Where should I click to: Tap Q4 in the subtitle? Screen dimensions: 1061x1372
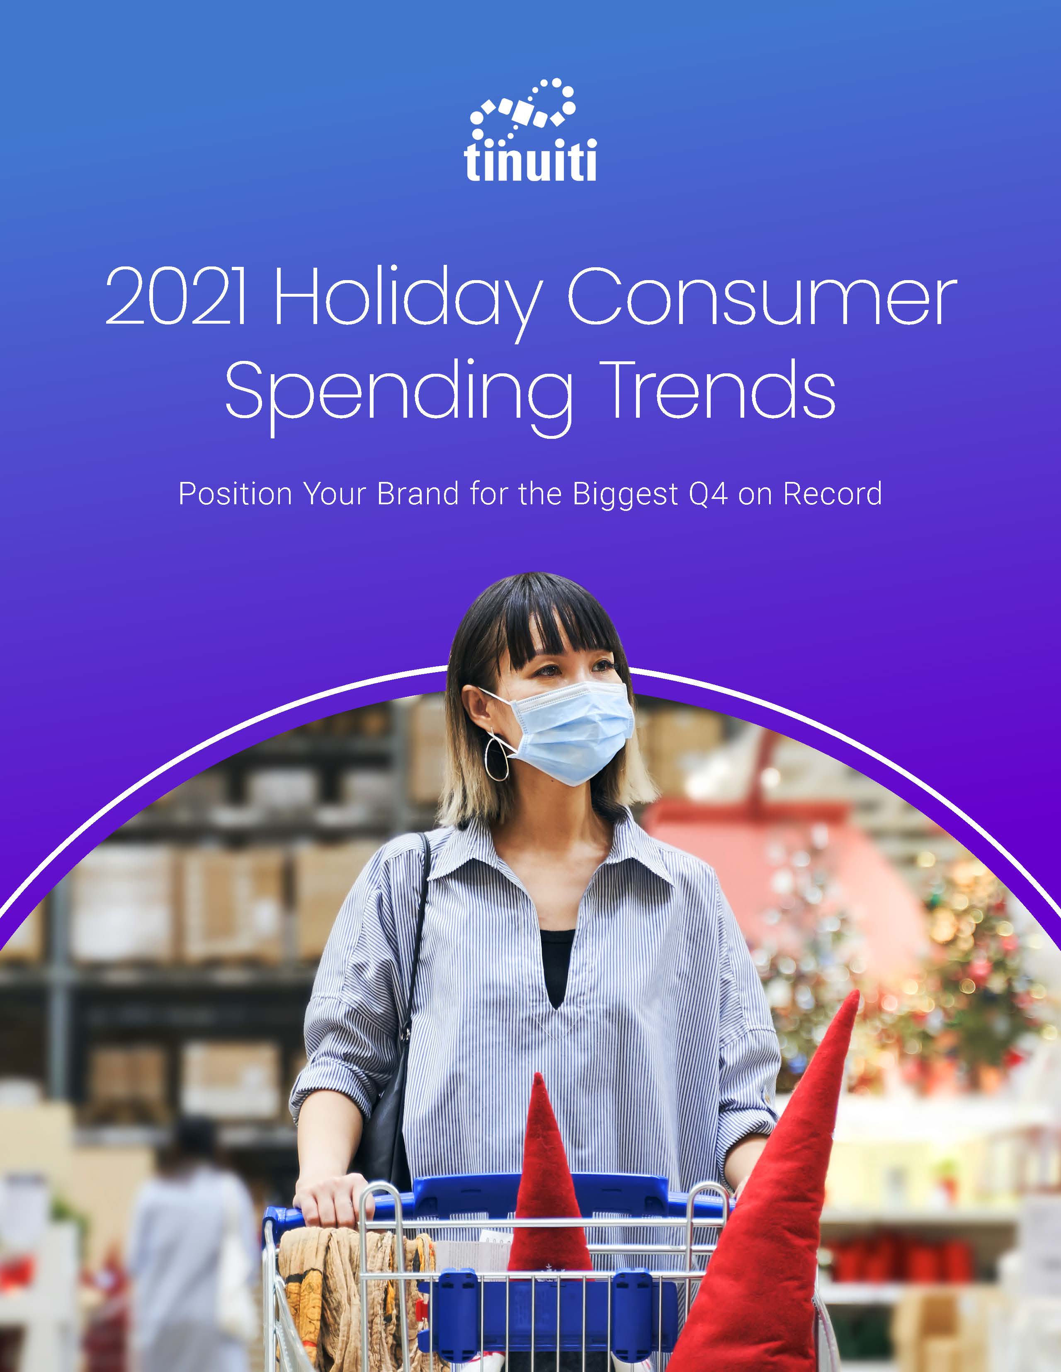[x=709, y=494]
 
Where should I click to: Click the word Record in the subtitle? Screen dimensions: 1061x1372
[x=832, y=494]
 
